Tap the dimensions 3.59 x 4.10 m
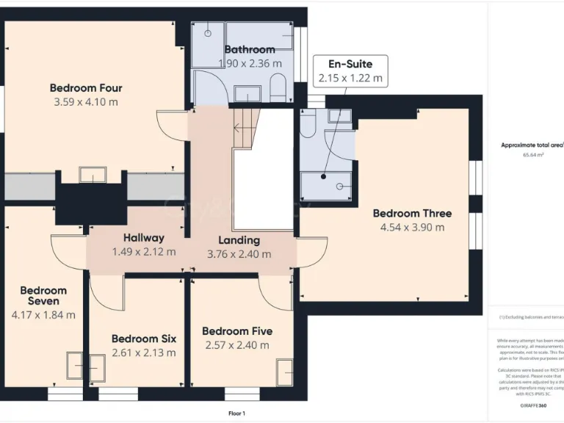(85, 102)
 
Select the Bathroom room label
(249, 49)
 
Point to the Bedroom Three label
(412, 213)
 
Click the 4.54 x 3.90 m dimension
(412, 228)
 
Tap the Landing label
(239, 240)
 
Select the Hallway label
(143, 238)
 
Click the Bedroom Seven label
(43, 295)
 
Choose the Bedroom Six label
(143, 339)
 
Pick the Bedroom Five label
(235, 330)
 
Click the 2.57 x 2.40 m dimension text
(235, 345)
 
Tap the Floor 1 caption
(236, 413)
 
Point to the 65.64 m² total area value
(532, 155)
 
